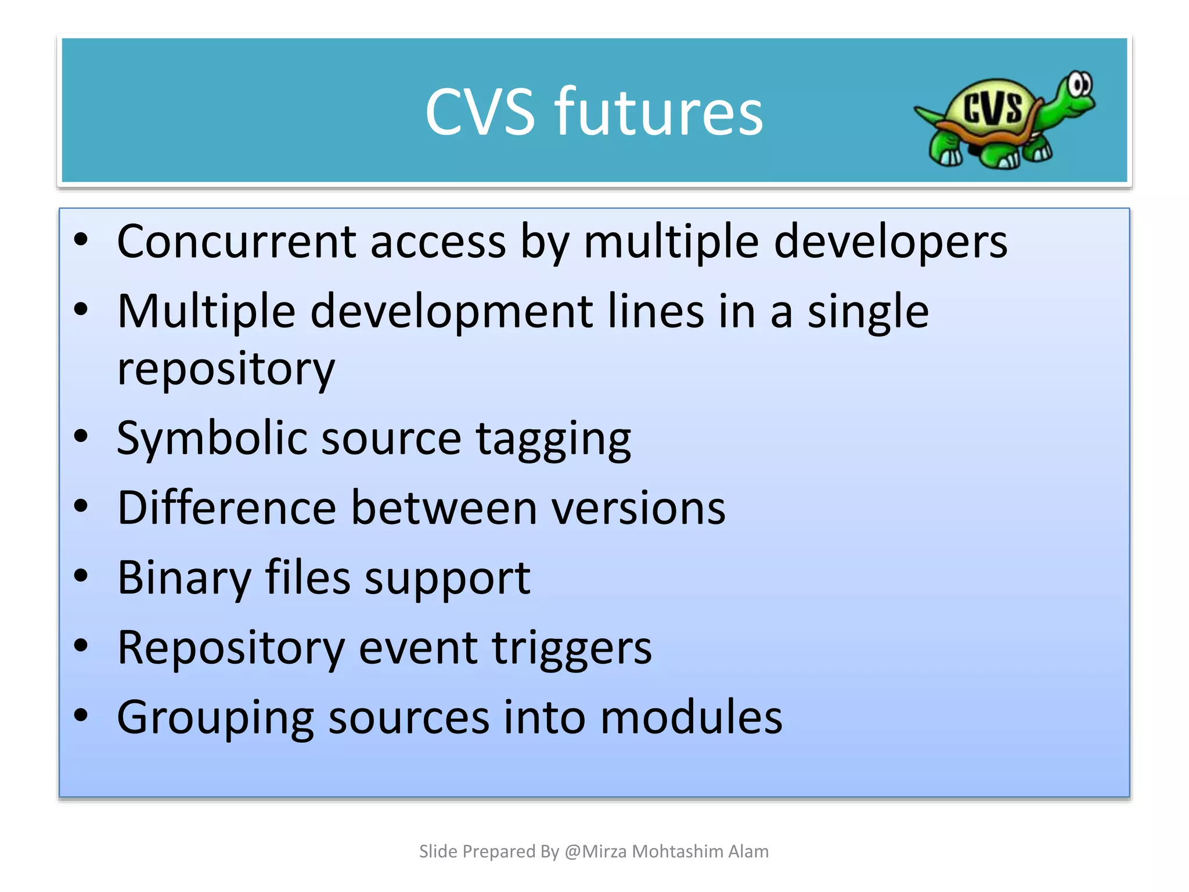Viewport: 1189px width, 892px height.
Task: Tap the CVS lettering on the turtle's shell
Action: click(x=992, y=108)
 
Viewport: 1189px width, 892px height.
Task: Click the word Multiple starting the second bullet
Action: click(x=206, y=312)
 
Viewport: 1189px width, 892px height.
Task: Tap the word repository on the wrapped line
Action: click(x=226, y=369)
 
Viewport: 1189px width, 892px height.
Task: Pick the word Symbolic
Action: click(x=211, y=438)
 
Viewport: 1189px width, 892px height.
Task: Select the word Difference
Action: click(x=226, y=508)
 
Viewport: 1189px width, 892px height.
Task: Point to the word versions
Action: click(x=638, y=509)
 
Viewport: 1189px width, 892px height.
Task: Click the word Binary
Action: click(x=184, y=578)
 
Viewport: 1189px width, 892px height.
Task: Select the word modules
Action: click(x=691, y=717)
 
